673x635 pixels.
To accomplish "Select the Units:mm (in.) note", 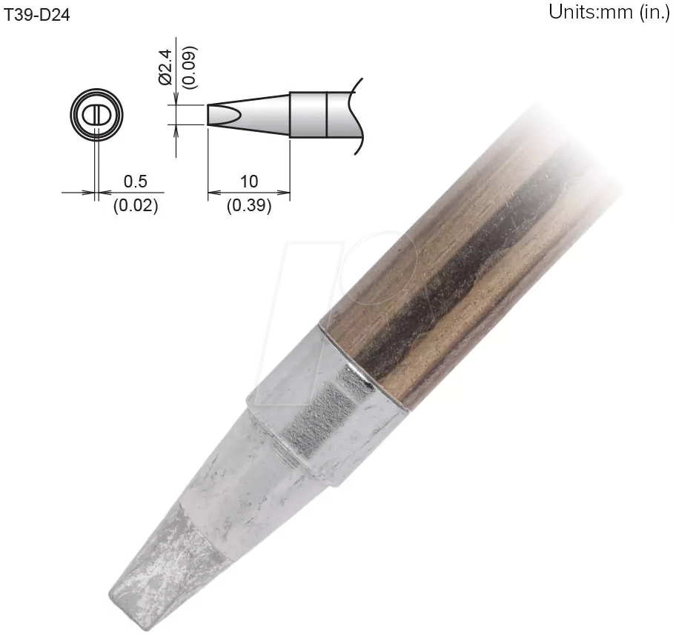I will click(609, 13).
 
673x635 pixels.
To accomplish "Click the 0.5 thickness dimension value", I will click(135, 182).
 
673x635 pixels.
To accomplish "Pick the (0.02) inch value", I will click(135, 206).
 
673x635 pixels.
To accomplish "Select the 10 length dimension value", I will click(249, 182).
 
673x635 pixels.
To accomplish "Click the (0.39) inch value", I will click(249, 206).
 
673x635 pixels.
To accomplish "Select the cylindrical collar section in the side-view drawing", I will click(308, 115).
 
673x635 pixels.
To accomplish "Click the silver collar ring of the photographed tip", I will click(326, 415).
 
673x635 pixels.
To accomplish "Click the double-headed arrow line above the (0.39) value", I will click(249, 193).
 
